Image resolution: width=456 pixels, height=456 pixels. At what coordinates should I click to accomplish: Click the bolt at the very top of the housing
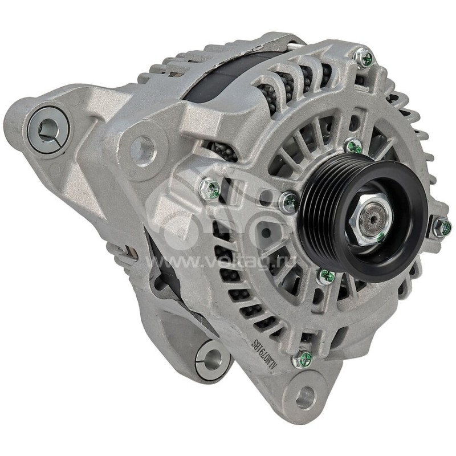(x=364, y=56)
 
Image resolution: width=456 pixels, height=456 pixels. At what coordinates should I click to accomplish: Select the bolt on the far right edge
(x=441, y=227)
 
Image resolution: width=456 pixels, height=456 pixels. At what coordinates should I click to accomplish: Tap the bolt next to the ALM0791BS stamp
(x=302, y=359)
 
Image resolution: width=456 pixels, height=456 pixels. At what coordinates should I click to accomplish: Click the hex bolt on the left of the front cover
(x=210, y=188)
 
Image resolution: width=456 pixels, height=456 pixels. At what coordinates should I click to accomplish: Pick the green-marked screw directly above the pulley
(x=353, y=146)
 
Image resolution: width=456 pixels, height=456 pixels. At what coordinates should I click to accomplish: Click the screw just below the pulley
(x=326, y=276)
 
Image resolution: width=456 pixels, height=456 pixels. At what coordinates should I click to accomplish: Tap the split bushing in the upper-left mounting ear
(x=48, y=130)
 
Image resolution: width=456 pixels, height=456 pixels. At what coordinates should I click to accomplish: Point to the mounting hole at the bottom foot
(x=305, y=397)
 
